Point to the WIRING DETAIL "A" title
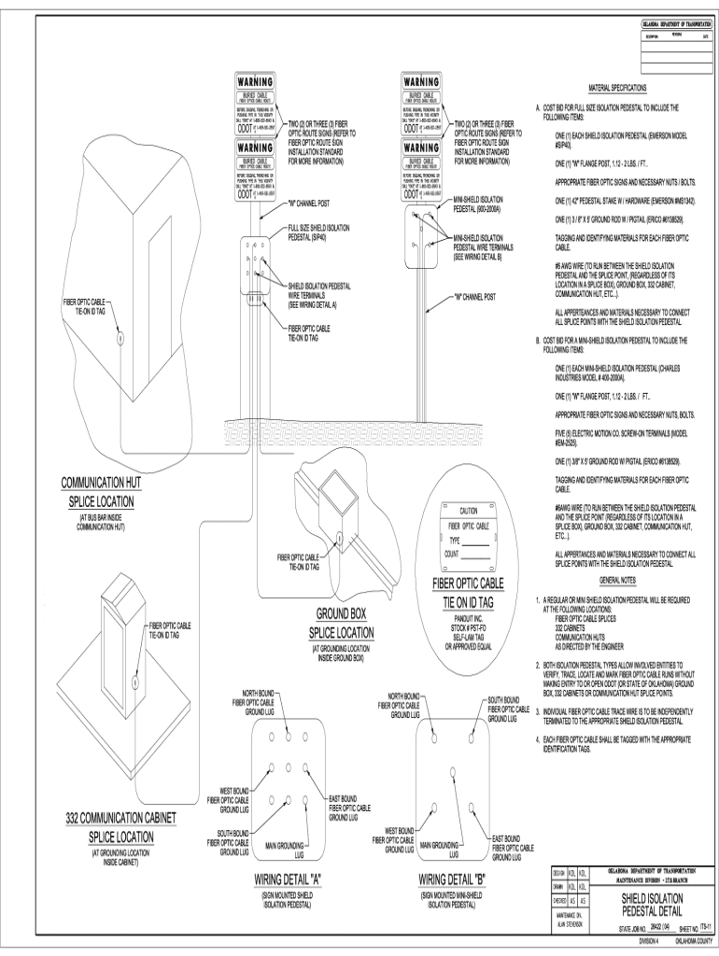pos(288,880)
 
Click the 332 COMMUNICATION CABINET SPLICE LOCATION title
pos(121,827)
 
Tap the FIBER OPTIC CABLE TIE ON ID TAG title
pos(466,594)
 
